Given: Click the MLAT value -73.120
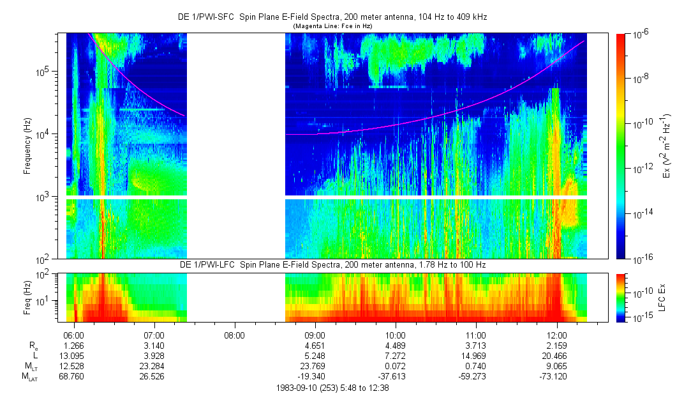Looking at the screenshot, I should coord(557,376).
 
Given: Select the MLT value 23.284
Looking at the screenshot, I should coord(154,366).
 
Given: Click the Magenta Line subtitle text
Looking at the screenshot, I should coord(332,26).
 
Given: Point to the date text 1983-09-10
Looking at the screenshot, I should coord(297,388).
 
